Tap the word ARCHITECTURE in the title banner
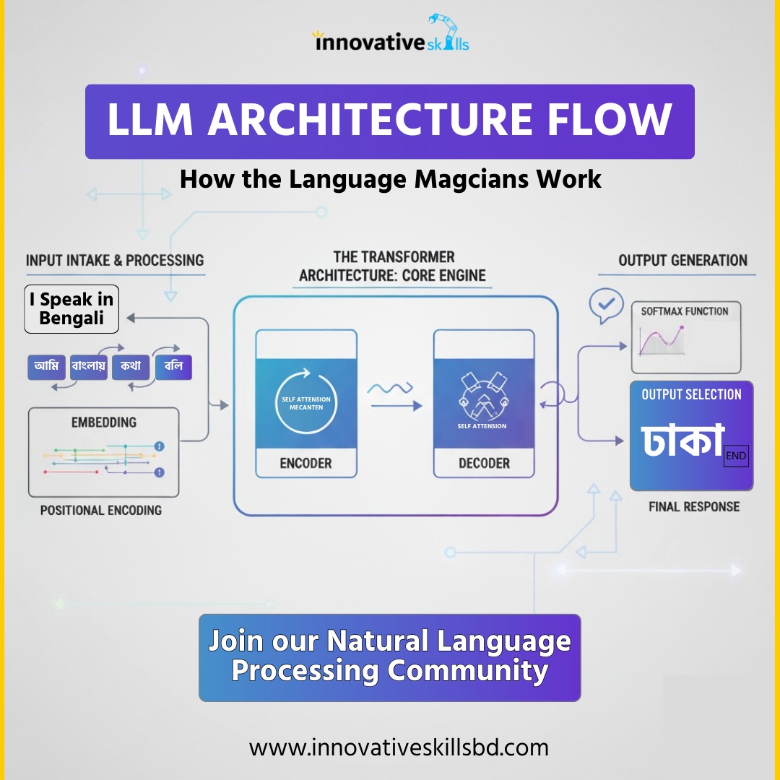tap(370, 119)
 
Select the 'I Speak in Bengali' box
tap(71, 309)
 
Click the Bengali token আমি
tap(46, 367)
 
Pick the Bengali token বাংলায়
tap(89, 367)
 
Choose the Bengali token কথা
tap(131, 367)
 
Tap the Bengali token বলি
tap(173, 367)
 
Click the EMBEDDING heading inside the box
tap(104, 422)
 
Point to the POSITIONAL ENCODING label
tap(101, 511)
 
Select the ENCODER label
tap(306, 463)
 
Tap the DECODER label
tap(484, 463)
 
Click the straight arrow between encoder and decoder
tap(396, 406)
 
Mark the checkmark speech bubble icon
tap(607, 304)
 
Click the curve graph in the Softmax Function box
tap(662, 340)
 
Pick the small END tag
tap(736, 456)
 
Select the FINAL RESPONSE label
tap(694, 507)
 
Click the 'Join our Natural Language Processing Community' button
tap(390, 658)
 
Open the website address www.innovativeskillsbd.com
tap(399, 747)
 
